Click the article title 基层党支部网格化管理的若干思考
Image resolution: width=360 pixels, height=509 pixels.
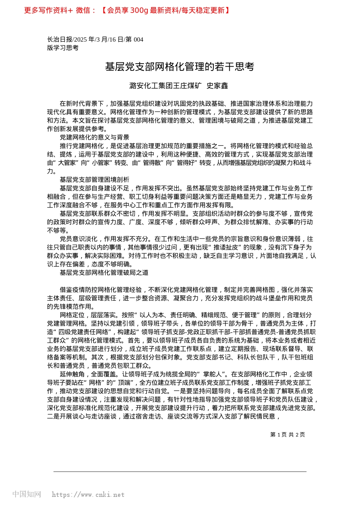(x=179, y=67)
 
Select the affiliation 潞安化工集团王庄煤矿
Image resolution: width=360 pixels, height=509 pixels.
(x=165, y=86)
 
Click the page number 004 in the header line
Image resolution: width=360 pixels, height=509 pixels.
(x=138, y=39)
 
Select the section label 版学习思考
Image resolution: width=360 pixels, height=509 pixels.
(x=63, y=48)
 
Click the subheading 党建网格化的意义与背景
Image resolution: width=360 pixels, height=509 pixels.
(x=94, y=137)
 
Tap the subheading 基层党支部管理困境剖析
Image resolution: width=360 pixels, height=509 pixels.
(x=94, y=180)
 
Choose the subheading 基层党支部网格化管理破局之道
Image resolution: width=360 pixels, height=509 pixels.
(x=104, y=273)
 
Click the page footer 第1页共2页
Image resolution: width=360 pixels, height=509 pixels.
(x=288, y=435)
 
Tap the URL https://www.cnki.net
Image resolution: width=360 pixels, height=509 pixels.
(x=88, y=495)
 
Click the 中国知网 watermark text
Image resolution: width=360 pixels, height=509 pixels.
(x=27, y=494)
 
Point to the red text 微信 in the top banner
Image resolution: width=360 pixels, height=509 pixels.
(x=83, y=10)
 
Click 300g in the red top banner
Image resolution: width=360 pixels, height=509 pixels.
(x=139, y=10)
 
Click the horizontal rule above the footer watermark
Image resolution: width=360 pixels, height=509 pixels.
(x=180, y=472)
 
